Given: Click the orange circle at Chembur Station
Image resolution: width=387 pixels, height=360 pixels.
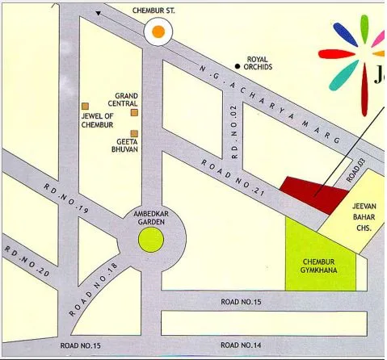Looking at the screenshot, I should tap(159, 31).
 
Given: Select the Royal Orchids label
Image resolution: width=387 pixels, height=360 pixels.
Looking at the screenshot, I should tap(258, 64).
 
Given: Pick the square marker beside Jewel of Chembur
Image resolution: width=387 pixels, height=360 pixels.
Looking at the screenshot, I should tap(83, 106).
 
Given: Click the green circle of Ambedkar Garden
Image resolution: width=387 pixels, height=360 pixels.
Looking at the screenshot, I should tap(149, 239).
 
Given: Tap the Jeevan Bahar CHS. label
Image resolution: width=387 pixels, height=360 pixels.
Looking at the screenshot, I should tap(364, 217).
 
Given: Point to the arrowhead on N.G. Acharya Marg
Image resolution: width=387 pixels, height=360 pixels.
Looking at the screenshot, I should tap(99, 13).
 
